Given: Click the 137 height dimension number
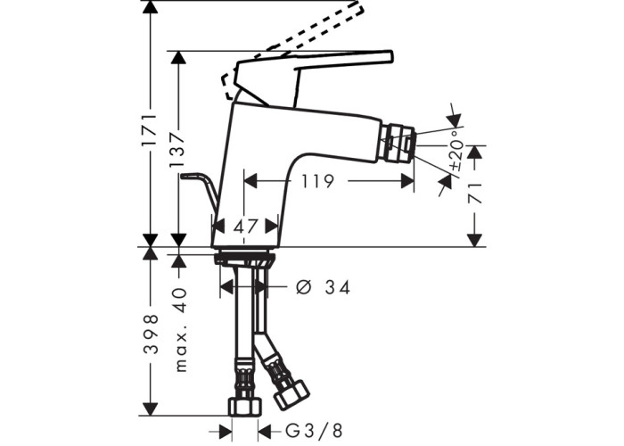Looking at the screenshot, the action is [178, 150].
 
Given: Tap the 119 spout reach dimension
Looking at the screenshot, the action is [317, 182].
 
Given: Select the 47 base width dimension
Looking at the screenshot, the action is [246, 227].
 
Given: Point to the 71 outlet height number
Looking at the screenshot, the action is [474, 194].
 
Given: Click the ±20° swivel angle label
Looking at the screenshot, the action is [456, 150].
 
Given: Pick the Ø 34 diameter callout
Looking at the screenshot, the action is [323, 287].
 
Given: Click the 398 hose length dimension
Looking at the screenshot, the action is [151, 334].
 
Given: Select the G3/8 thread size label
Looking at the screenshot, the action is [314, 431].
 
